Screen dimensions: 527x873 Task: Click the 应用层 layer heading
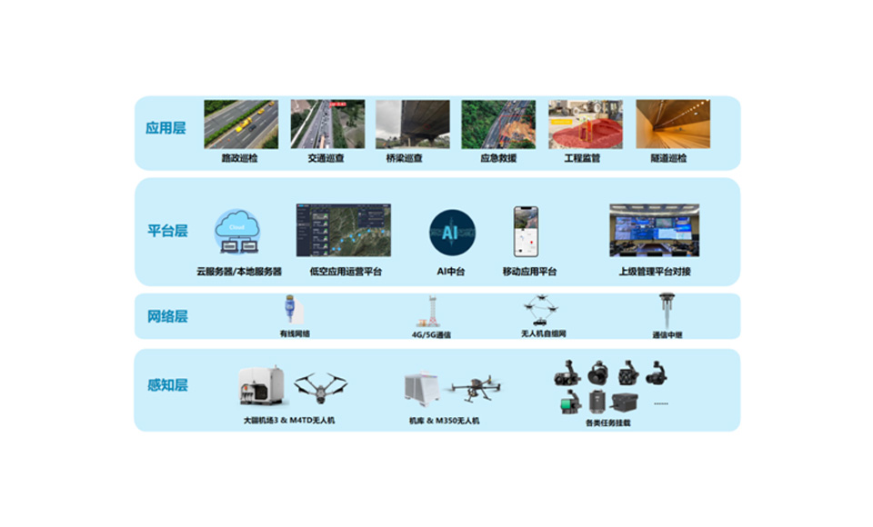pos(166,128)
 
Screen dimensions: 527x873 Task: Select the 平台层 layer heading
pos(167,231)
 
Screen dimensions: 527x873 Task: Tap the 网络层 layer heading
pos(167,317)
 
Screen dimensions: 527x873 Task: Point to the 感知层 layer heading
pos(167,385)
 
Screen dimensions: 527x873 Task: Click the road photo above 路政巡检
pos(240,124)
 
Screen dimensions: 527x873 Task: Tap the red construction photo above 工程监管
pos(585,124)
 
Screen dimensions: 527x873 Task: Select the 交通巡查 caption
pos(326,158)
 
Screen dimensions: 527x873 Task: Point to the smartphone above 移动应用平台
pos(526,231)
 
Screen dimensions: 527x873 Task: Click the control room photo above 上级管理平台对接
pos(654,230)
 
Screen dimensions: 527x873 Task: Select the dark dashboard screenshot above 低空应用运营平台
pos(343,230)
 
